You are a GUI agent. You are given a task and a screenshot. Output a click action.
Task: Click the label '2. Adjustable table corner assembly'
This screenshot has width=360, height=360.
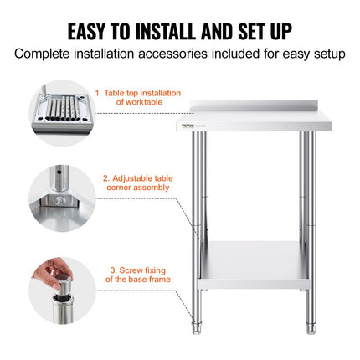point(135,183)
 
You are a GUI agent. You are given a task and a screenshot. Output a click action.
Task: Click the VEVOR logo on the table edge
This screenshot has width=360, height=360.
point(205,128)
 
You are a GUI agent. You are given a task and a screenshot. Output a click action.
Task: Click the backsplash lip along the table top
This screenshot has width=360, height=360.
point(260,107)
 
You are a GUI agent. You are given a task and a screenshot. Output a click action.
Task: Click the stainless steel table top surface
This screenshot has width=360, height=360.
point(260,119)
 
